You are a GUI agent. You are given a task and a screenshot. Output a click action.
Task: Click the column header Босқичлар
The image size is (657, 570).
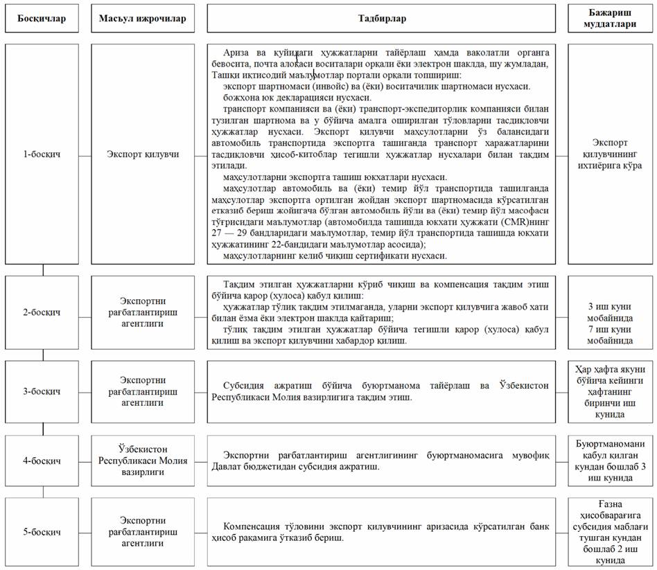[x=43, y=18]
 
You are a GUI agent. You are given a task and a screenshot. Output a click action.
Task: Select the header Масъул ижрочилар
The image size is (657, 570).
[x=142, y=18]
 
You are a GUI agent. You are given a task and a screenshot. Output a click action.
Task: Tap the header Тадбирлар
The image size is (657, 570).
[x=381, y=18]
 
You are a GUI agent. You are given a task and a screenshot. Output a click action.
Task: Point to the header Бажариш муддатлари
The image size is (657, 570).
[x=611, y=18]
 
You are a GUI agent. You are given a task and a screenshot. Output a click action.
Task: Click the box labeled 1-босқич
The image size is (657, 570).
[x=43, y=154]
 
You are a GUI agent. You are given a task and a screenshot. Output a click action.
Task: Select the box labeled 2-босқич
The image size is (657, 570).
[x=43, y=312]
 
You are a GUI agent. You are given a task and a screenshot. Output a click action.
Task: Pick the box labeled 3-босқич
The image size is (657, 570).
[x=43, y=391]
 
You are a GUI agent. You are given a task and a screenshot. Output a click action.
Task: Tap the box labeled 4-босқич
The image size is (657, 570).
[x=43, y=461]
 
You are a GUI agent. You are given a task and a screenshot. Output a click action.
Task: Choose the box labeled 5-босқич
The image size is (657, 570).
[x=43, y=532]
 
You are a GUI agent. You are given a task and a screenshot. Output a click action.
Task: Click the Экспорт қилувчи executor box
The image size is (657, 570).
[x=142, y=154]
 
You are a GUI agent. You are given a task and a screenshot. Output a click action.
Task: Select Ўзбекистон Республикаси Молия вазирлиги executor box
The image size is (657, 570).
[x=142, y=461]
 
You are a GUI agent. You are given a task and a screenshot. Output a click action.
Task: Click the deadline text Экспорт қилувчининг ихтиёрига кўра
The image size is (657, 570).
[x=611, y=154]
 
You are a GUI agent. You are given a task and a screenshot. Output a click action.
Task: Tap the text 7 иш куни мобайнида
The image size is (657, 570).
[x=611, y=335]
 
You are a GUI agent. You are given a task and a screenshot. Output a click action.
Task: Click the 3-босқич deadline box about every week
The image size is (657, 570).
[x=611, y=391]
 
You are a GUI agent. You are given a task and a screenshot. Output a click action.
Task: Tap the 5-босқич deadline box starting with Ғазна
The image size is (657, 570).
[x=611, y=532]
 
